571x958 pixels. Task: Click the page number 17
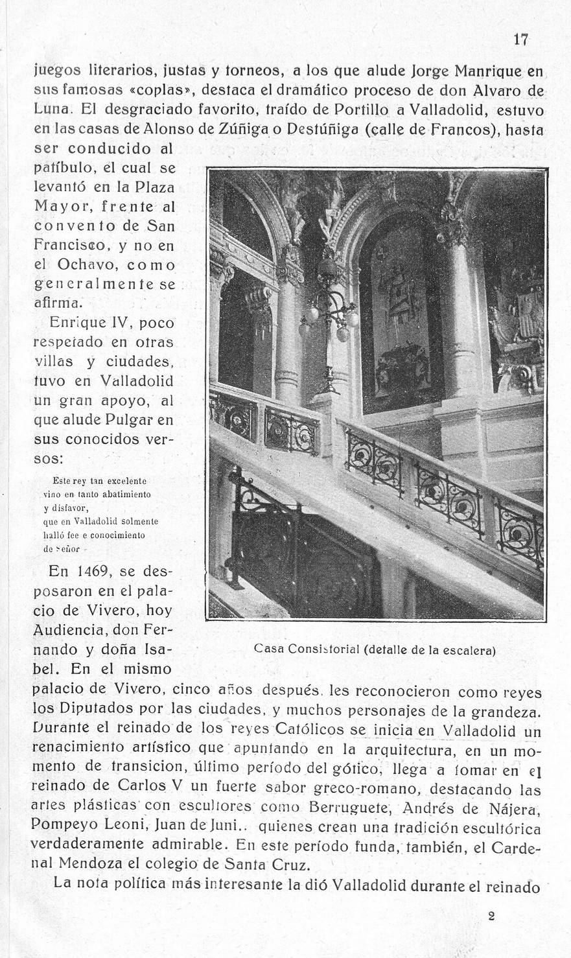pos(520,40)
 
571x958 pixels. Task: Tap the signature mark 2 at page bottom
pos(491,916)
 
